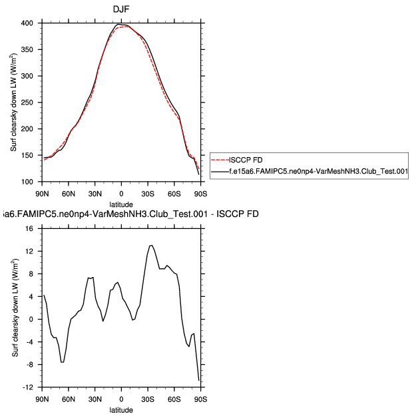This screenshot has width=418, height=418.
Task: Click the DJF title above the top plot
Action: (121, 9)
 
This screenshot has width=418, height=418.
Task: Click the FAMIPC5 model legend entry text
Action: (318, 171)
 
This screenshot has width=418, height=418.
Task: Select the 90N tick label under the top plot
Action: (41, 194)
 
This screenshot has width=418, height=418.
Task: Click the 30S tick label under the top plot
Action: (148, 194)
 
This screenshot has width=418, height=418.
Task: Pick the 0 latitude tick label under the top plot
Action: (121, 194)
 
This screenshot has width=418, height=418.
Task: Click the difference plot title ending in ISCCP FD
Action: (130, 214)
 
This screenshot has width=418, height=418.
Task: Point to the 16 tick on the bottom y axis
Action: (29, 228)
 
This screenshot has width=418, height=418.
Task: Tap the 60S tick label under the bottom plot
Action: (174, 399)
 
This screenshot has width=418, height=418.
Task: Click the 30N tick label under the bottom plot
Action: (95, 399)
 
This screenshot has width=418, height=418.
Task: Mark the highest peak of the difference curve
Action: (151, 245)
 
